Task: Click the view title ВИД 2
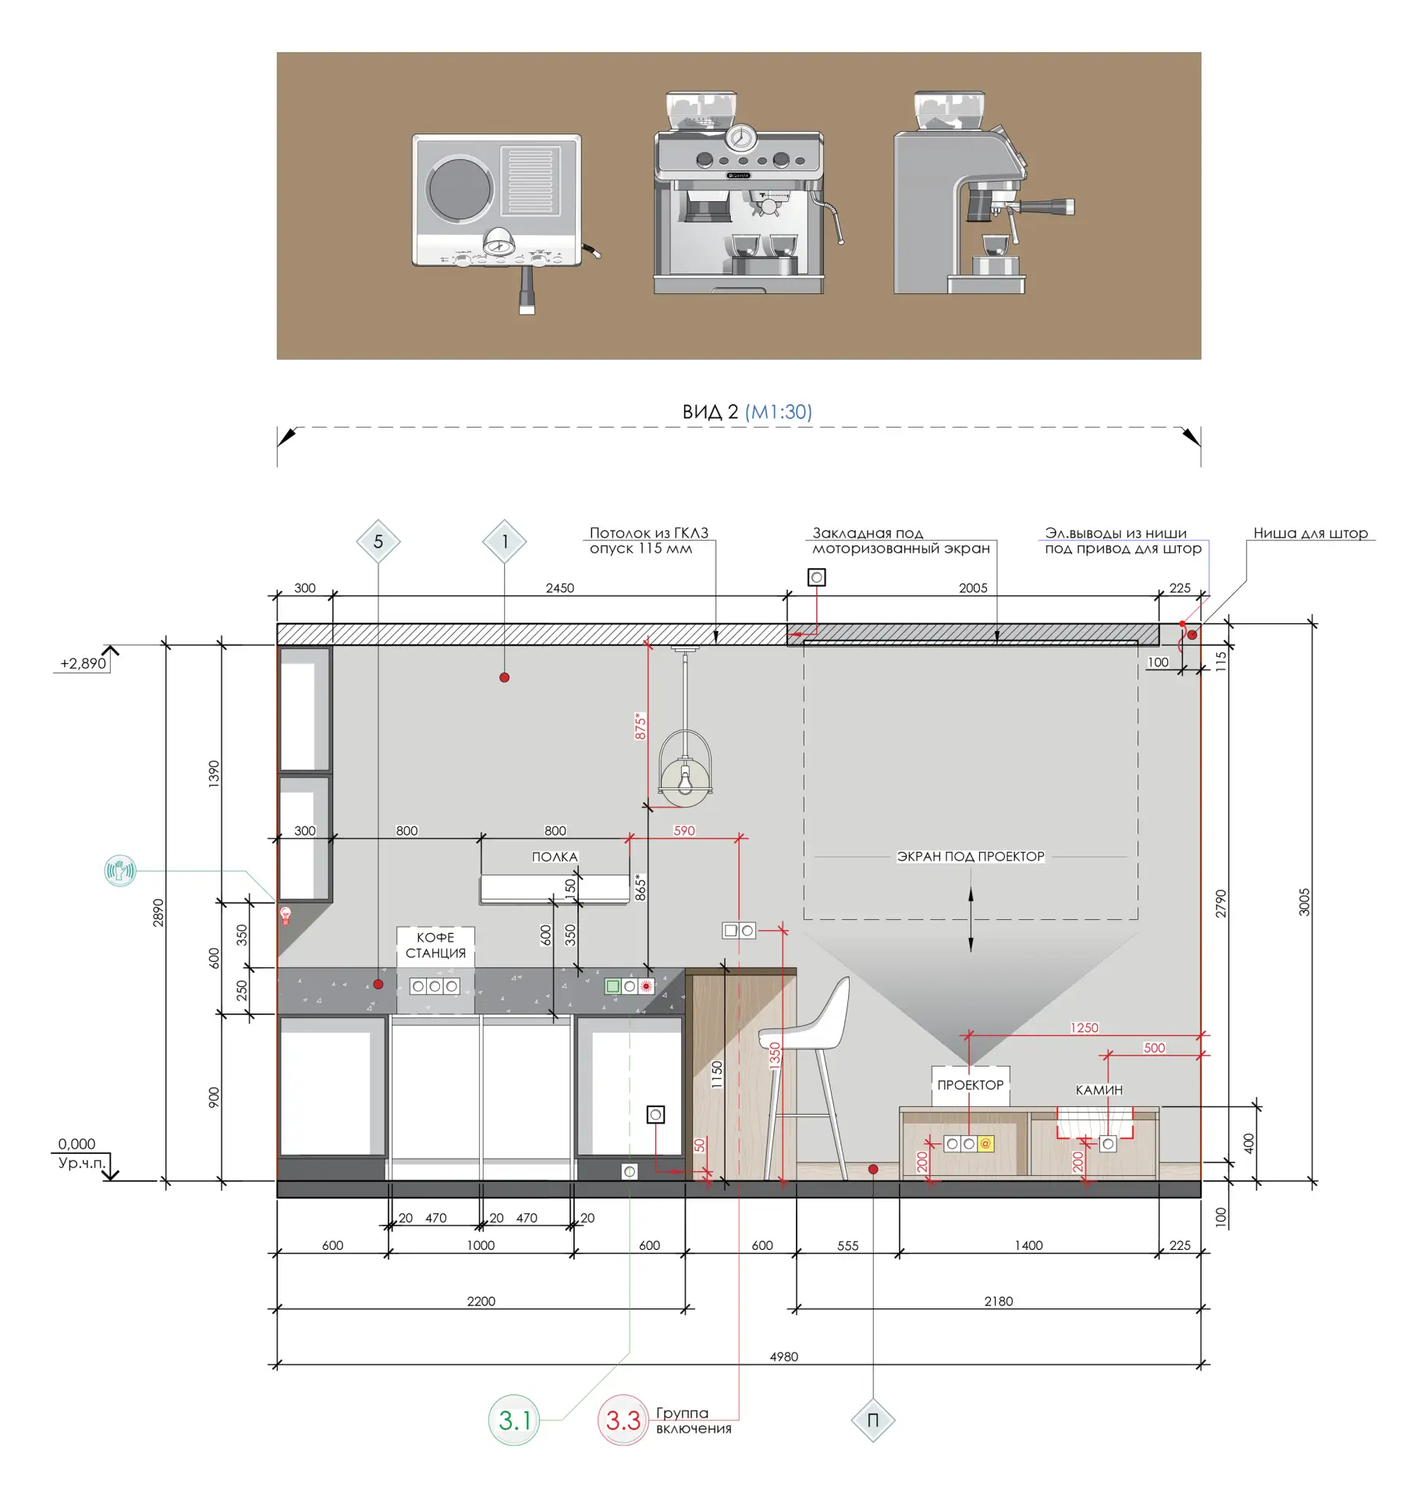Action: (x=709, y=412)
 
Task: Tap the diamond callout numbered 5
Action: (x=378, y=541)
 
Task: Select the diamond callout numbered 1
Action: (x=505, y=541)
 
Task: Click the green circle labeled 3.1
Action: (x=514, y=1420)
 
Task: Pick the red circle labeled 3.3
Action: (x=623, y=1420)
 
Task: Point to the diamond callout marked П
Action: (x=873, y=1420)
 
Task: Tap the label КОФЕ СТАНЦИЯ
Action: (x=435, y=945)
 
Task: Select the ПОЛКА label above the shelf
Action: (x=555, y=857)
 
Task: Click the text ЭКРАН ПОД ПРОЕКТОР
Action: (x=971, y=856)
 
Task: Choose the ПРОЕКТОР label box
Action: (x=971, y=1085)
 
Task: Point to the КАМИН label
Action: (x=1099, y=1090)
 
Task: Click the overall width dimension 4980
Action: (x=784, y=1357)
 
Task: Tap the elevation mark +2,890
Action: (x=83, y=663)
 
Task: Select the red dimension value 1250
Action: (x=1084, y=1028)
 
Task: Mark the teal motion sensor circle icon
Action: (x=120, y=870)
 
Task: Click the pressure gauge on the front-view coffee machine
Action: (x=740, y=138)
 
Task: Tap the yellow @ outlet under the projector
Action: (x=985, y=1144)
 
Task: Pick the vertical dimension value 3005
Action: (x=1304, y=902)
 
